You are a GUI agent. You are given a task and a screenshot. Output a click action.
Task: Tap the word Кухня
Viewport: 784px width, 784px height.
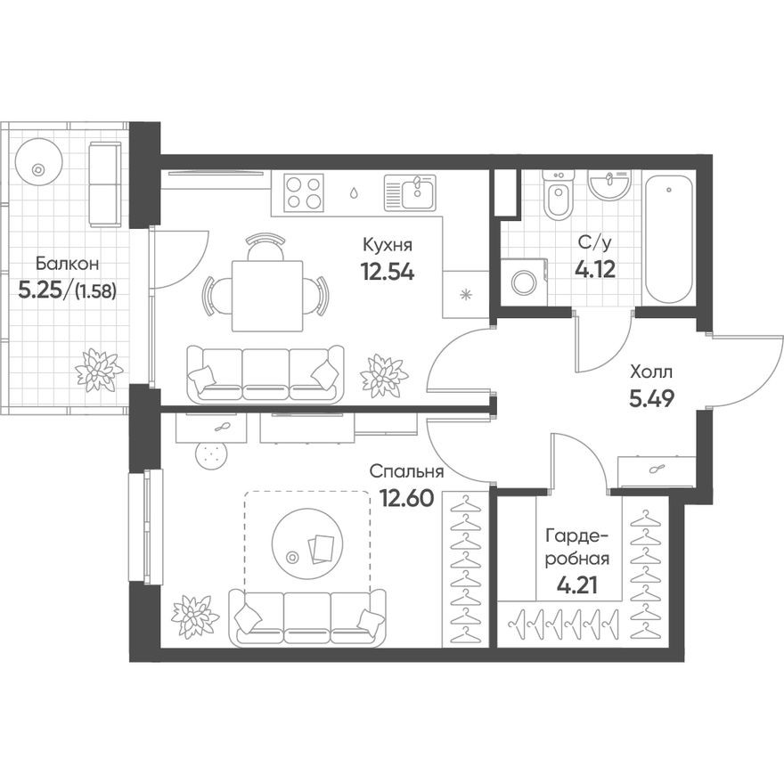point(388,244)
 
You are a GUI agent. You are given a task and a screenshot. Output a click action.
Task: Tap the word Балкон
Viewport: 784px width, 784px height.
point(61,263)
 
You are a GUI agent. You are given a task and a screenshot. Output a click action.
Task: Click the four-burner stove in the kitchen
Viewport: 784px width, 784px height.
point(304,191)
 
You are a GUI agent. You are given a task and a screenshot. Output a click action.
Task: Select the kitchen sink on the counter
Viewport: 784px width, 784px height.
point(410,191)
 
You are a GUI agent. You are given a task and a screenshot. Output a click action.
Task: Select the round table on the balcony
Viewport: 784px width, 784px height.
point(37,167)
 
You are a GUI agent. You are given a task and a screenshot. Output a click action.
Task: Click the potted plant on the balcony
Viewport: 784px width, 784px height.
point(98,370)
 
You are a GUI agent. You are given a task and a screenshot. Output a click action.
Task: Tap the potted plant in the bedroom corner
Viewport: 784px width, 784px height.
point(194,616)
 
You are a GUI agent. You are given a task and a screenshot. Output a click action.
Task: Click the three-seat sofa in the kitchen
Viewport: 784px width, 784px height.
point(265,372)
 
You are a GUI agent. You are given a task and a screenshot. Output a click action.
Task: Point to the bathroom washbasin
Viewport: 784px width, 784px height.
point(608,184)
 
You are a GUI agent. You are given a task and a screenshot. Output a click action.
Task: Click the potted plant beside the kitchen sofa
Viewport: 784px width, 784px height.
point(384,374)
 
